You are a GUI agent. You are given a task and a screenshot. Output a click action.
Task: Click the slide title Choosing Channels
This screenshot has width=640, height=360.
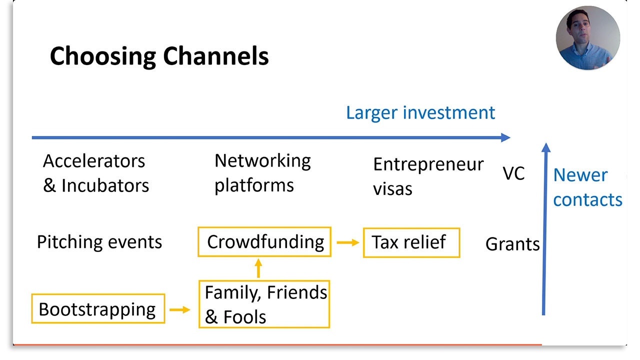click(159, 56)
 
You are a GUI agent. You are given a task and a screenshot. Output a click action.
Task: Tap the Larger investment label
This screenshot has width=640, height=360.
click(420, 112)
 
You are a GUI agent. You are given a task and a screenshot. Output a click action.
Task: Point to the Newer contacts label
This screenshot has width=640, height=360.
click(587, 187)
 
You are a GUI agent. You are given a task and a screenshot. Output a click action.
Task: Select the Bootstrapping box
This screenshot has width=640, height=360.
click(98, 309)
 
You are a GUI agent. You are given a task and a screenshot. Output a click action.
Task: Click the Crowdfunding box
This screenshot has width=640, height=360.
click(265, 242)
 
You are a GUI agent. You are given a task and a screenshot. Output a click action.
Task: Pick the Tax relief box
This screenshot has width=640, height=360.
click(411, 242)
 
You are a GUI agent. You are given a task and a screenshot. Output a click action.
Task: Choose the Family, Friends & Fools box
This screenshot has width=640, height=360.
click(264, 304)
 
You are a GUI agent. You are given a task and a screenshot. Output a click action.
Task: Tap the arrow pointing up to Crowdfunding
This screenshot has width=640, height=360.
click(258, 268)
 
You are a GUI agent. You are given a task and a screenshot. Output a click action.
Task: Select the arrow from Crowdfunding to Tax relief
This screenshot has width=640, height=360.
click(347, 242)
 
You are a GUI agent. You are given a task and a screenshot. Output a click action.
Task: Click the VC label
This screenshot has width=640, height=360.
click(513, 174)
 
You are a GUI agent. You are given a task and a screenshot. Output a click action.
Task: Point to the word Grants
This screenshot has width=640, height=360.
click(512, 244)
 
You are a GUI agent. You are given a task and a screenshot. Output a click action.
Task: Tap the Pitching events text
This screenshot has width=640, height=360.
click(99, 242)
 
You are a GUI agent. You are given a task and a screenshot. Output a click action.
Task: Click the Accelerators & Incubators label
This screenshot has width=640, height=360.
click(95, 173)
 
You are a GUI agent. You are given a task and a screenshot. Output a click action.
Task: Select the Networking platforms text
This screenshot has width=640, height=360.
click(262, 172)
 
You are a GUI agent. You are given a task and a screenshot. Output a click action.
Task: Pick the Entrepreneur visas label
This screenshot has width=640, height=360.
click(428, 176)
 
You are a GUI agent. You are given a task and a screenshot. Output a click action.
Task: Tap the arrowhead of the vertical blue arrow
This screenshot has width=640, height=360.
click(546, 148)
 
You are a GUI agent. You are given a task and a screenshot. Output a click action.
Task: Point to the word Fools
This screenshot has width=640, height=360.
click(244, 317)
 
